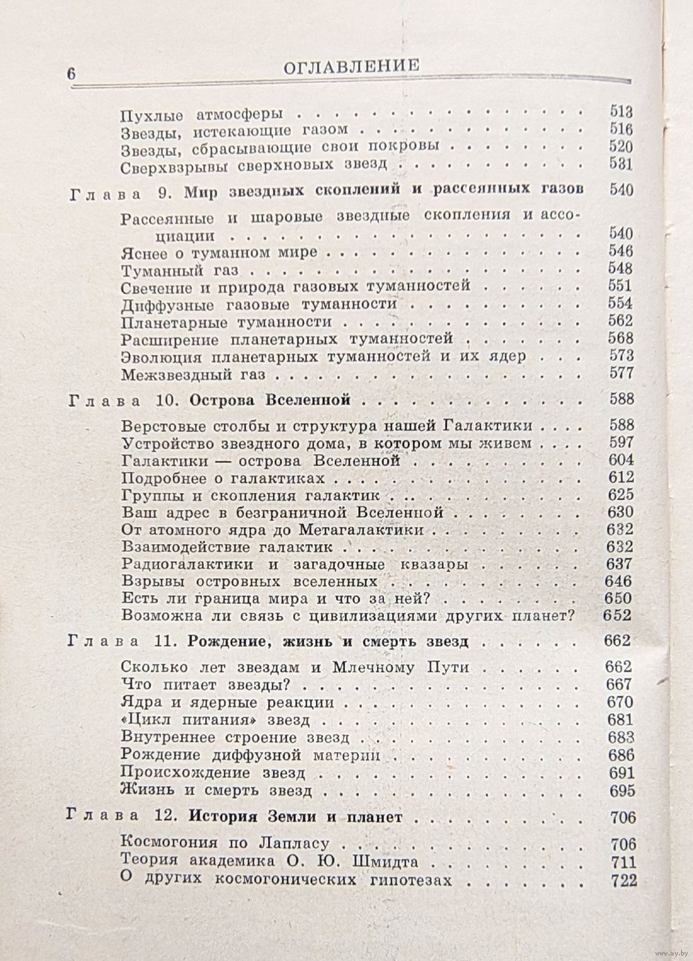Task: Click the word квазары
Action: coord(432,564)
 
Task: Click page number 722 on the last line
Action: coord(622,881)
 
